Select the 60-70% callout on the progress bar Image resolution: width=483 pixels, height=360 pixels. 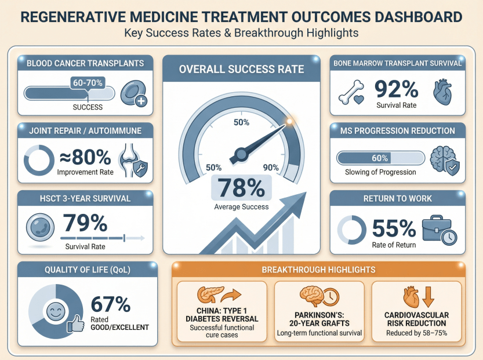[88, 83]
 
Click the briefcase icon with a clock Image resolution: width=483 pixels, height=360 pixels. [438, 229]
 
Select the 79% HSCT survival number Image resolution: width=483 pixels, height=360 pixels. [85, 224]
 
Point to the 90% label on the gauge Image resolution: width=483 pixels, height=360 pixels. [271, 168]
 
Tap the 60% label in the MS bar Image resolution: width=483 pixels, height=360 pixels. [380, 158]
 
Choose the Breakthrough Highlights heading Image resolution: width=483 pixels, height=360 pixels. [318, 270]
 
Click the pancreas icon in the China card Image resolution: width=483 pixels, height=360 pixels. [206, 295]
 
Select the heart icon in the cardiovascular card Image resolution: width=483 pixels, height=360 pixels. [410, 295]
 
